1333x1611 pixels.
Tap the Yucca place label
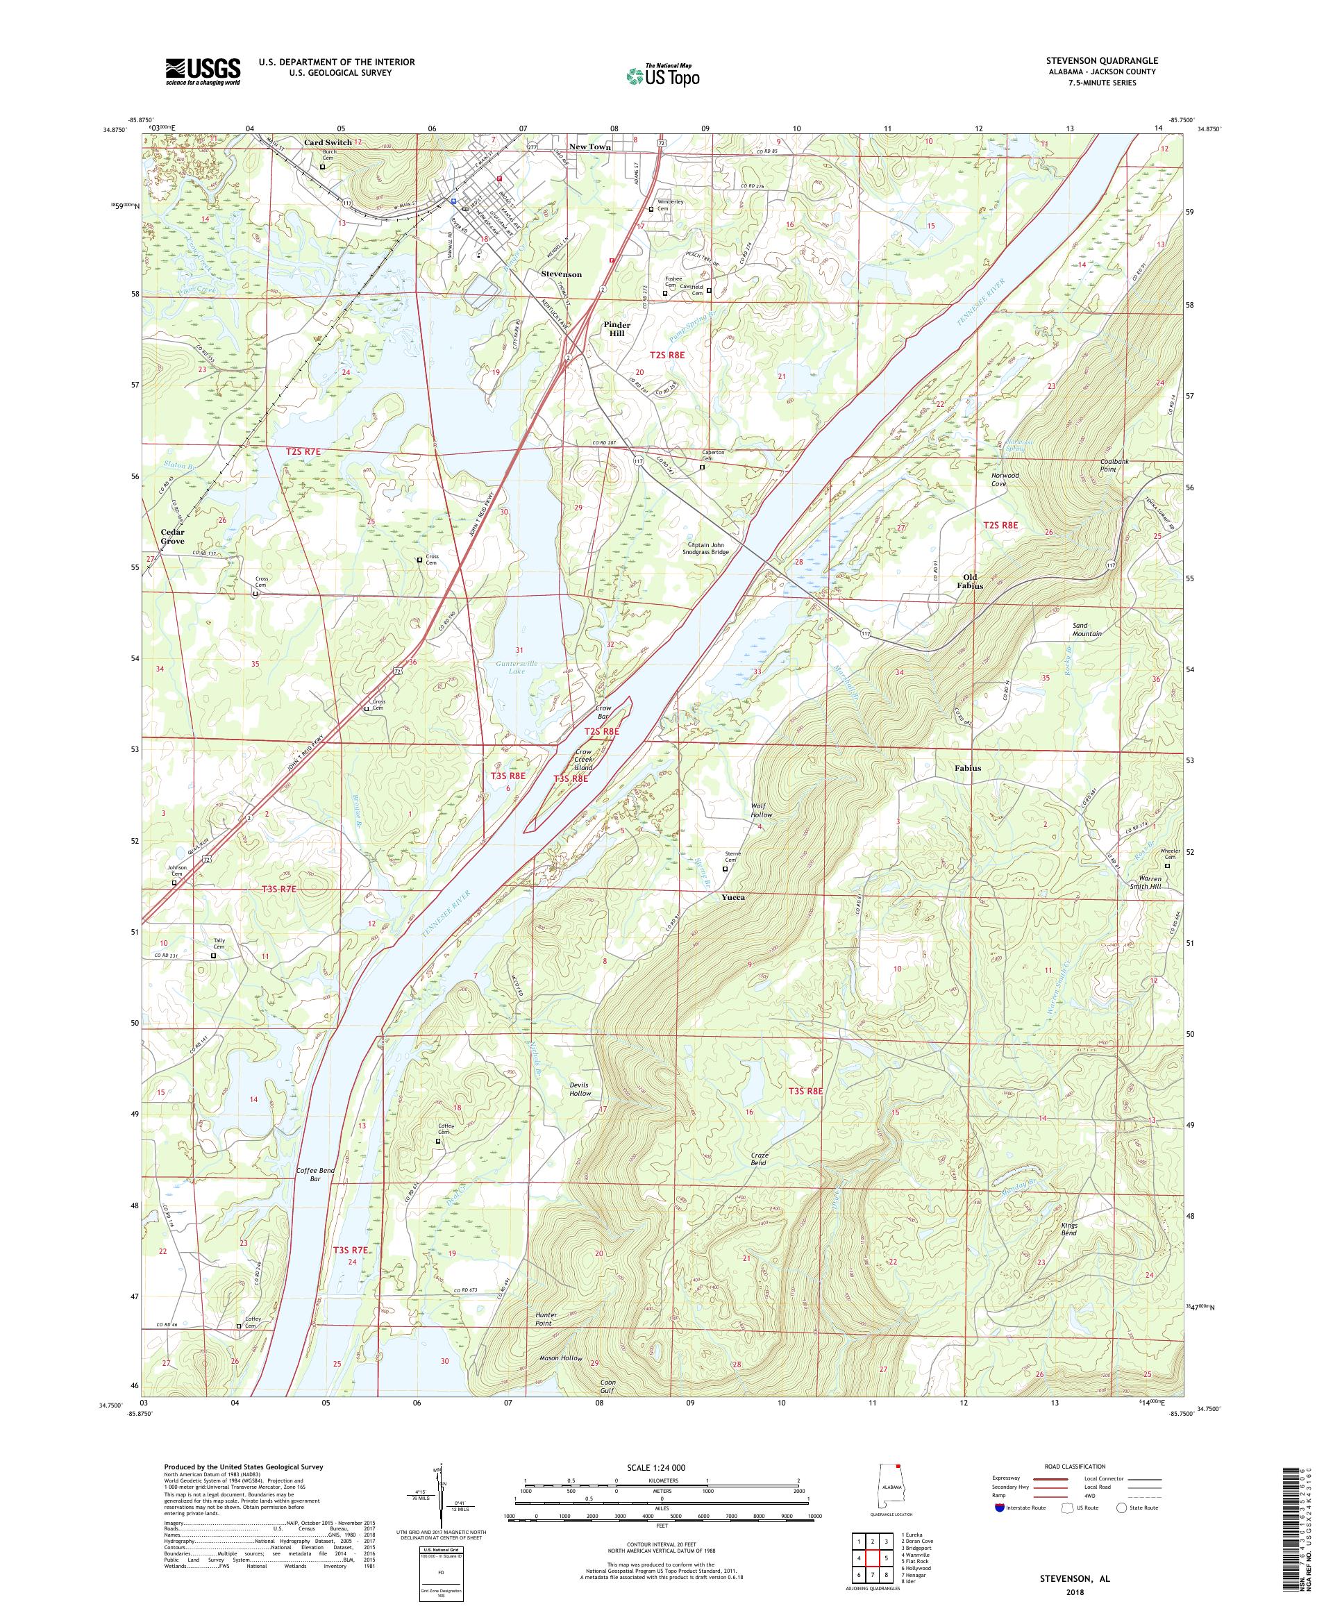pos(732,896)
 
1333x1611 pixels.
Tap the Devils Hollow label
pos(580,1088)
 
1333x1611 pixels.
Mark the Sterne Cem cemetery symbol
pos(726,869)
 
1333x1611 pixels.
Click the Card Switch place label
pos(328,142)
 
